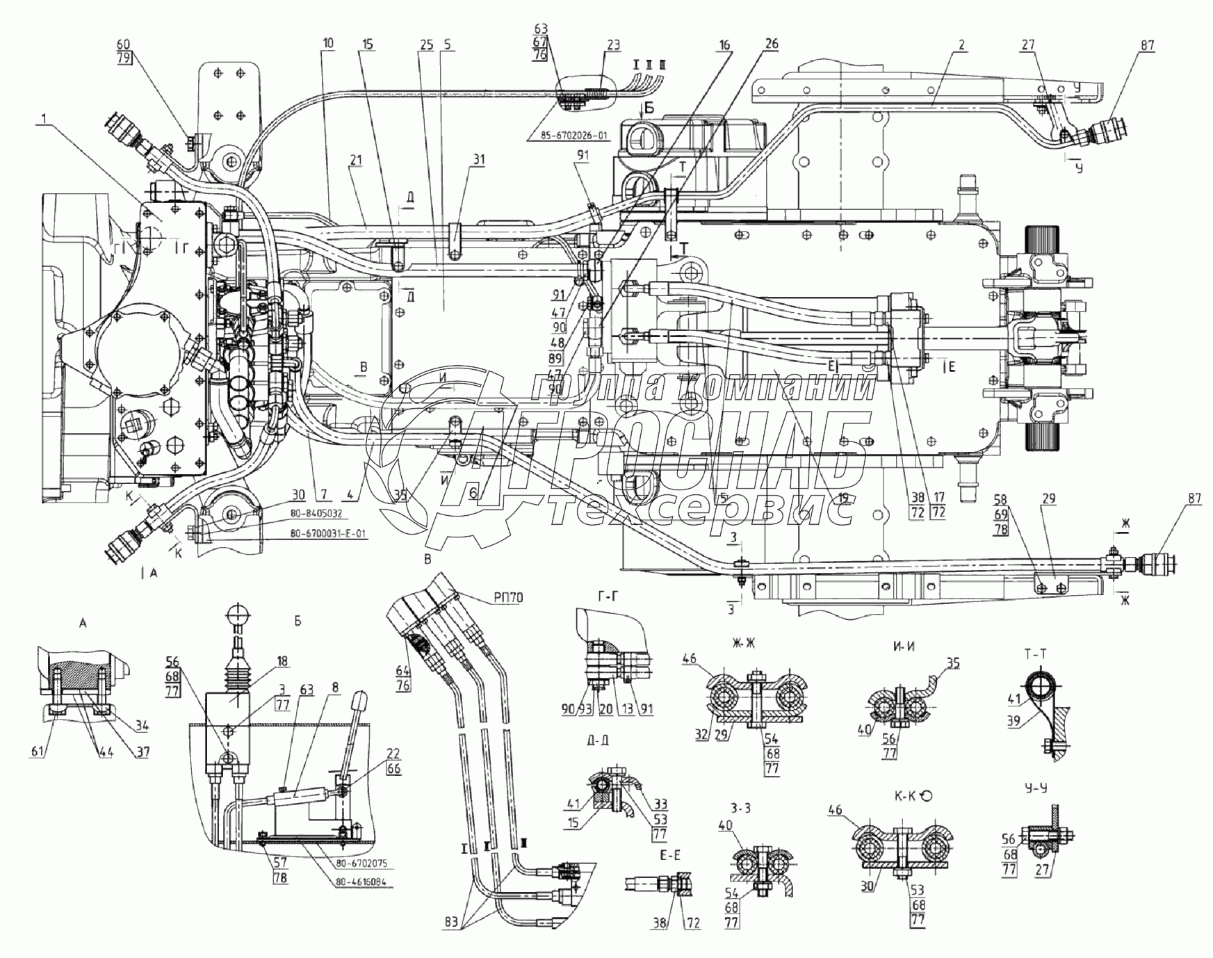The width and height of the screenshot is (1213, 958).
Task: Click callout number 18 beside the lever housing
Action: pyautogui.click(x=263, y=661)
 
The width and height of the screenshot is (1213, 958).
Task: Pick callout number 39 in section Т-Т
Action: pyautogui.click(x=1013, y=720)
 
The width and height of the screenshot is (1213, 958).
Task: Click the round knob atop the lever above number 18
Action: pyautogui.click(x=237, y=615)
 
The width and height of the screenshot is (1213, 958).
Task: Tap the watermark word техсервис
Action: pyautogui.click(x=702, y=511)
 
